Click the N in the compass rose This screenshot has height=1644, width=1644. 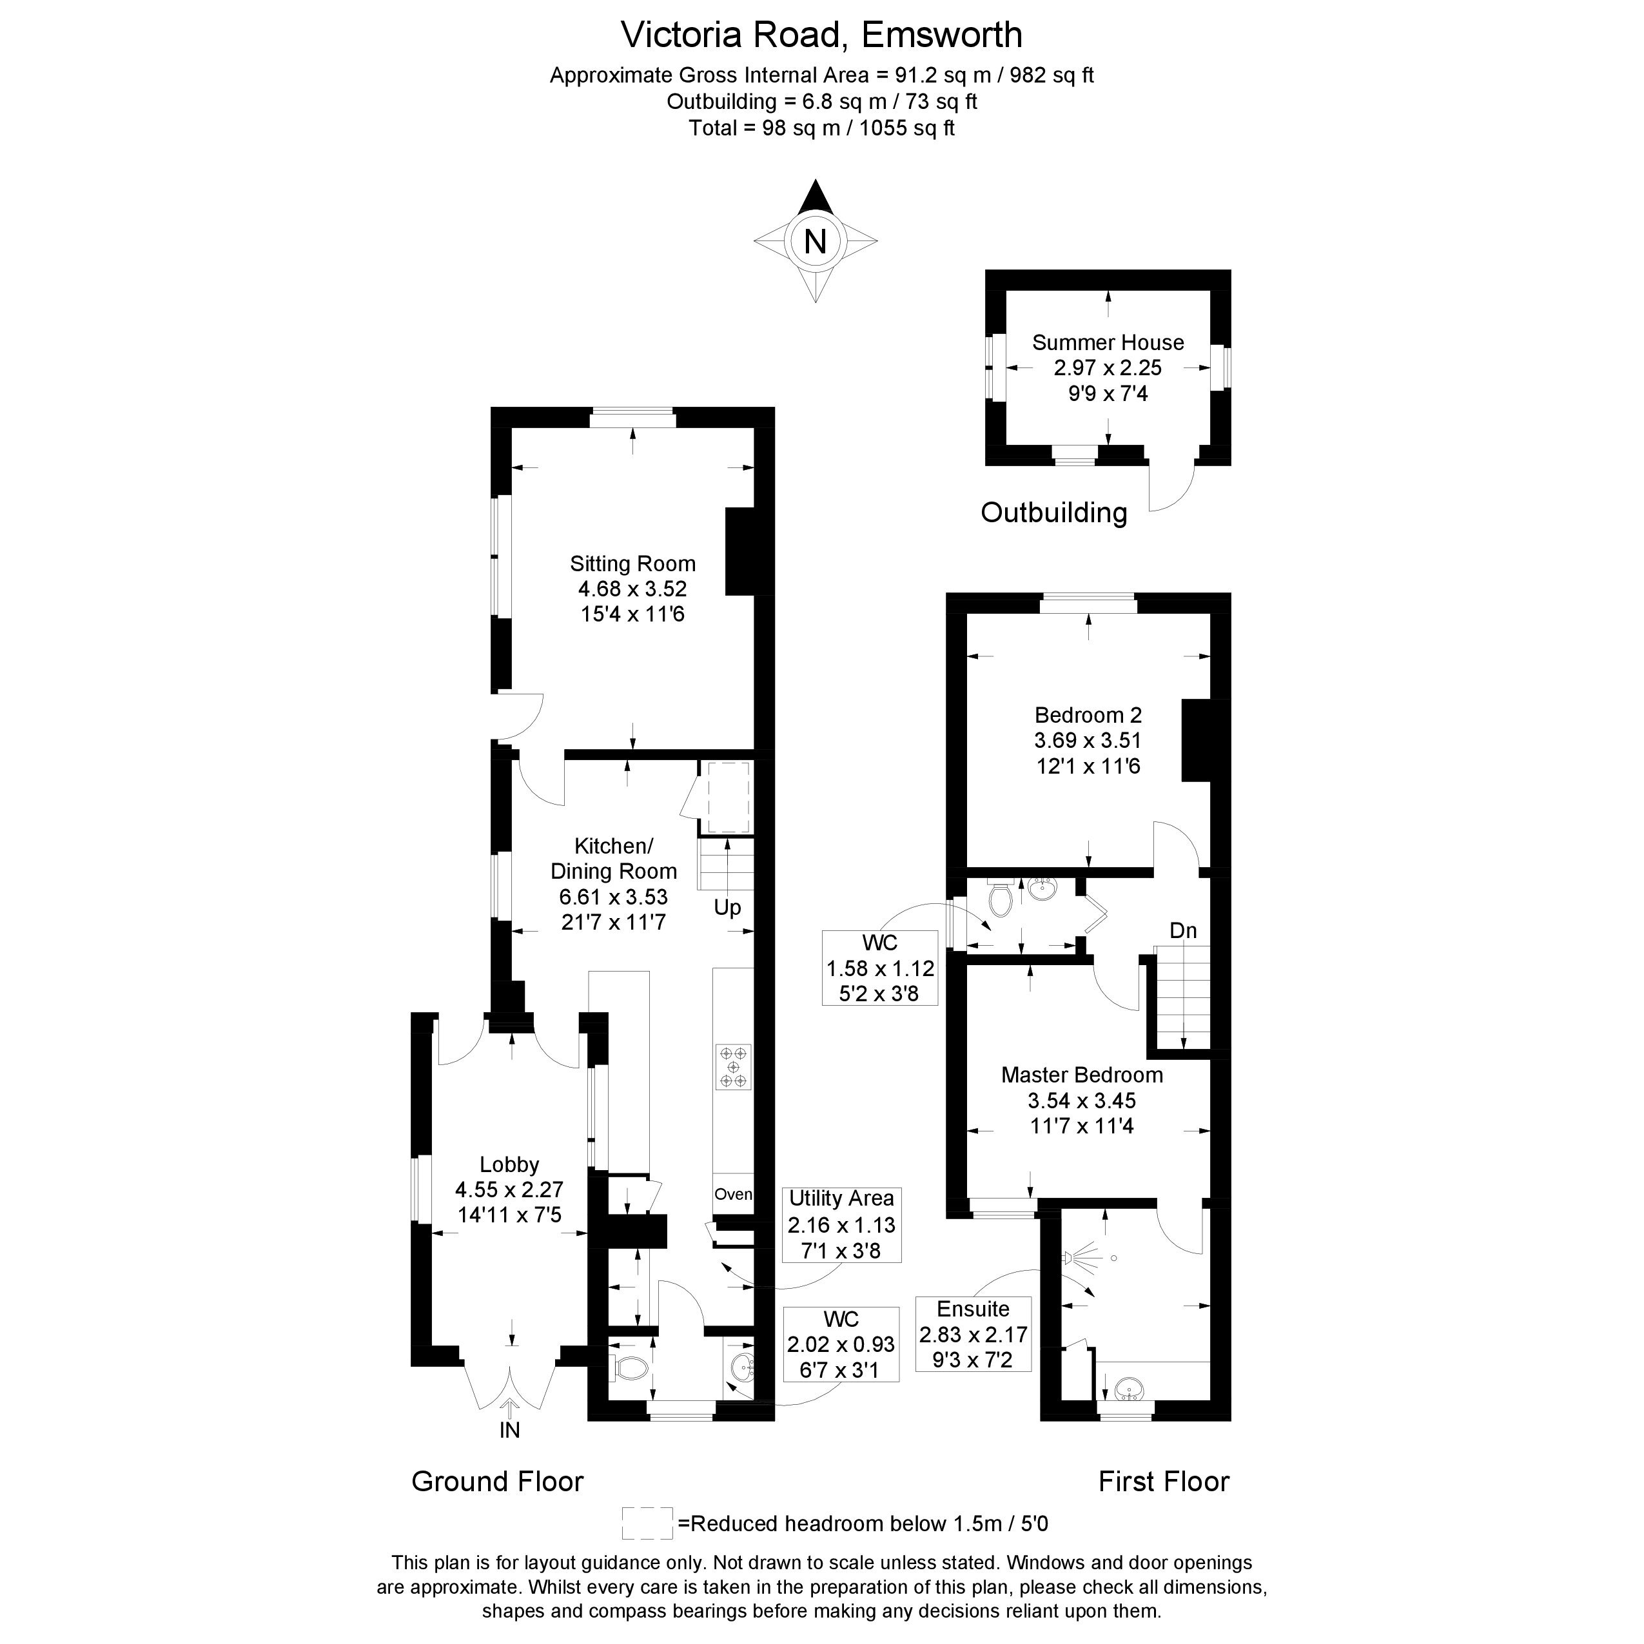(815, 242)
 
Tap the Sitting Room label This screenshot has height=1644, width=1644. (632, 563)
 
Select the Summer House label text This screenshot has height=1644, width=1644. (1108, 342)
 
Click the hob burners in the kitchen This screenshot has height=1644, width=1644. (732, 1066)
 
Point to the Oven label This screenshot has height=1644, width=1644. (732, 1194)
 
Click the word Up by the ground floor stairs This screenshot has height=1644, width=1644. (727, 907)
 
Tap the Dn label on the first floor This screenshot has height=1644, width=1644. (1183, 930)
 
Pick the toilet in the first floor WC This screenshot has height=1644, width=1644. (1001, 899)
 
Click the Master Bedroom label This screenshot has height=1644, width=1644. (1082, 1075)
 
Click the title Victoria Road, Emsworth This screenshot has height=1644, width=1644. (821, 35)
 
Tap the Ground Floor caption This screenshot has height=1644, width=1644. (497, 1482)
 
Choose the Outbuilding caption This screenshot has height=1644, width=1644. (1053, 513)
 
